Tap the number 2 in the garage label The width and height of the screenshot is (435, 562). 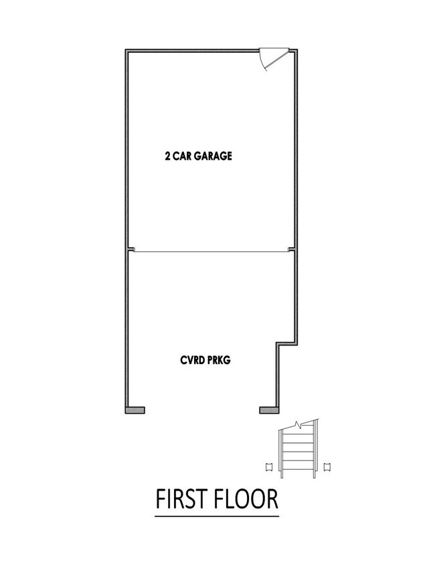pyautogui.click(x=167, y=156)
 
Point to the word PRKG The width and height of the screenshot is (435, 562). pyautogui.click(x=219, y=360)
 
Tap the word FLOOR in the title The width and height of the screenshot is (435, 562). pyautogui.click(x=246, y=499)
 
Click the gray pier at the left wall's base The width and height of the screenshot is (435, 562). pyautogui.click(x=135, y=410)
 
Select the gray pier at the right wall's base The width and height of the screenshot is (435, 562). pyautogui.click(x=269, y=410)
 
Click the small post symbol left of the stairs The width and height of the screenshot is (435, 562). pyautogui.click(x=268, y=466)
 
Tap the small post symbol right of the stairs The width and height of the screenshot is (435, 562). pyautogui.click(x=327, y=466)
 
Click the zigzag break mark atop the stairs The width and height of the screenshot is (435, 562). pyautogui.click(x=298, y=425)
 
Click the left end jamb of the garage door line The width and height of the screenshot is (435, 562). pyautogui.click(x=131, y=249)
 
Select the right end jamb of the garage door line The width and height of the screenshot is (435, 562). pyautogui.click(x=291, y=249)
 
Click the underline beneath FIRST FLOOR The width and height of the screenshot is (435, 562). pyautogui.click(x=217, y=516)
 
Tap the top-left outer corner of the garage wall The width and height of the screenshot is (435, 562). pyautogui.click(x=125, y=49)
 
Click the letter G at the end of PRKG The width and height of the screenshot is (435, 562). pyautogui.click(x=227, y=360)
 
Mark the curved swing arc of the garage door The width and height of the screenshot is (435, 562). pyautogui.click(x=262, y=61)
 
